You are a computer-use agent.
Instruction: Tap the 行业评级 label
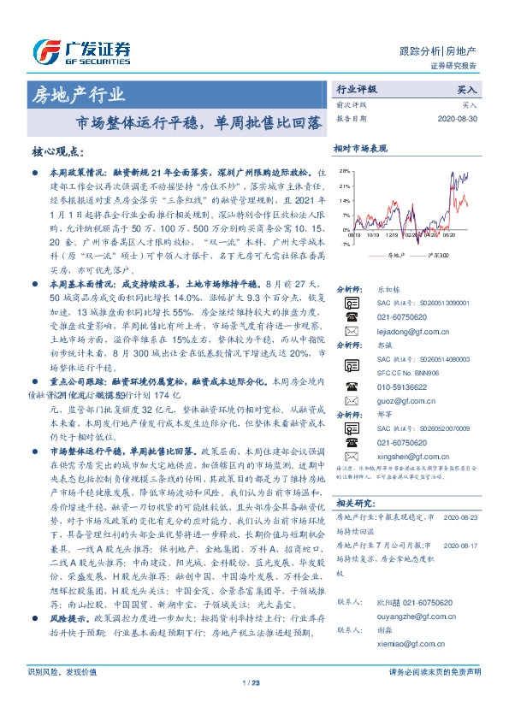tap(357, 89)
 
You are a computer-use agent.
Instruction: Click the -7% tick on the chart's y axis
tap(344, 244)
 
